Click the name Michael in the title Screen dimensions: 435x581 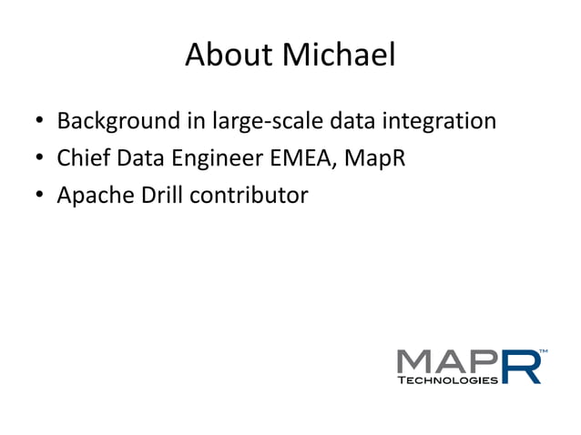pos(339,56)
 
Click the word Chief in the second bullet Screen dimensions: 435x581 pos(81,158)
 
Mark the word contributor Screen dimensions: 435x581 pos(246,195)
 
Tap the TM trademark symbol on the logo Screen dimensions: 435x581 pos(544,350)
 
